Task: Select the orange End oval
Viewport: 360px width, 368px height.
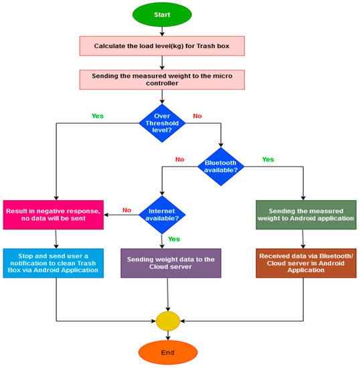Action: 167,353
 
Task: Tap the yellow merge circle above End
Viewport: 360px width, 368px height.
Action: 167,320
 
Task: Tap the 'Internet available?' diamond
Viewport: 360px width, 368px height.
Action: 161,214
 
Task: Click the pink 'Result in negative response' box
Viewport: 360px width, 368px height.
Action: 54,214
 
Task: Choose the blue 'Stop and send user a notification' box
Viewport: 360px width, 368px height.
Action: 54,263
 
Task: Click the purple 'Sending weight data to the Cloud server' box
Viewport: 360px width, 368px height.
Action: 161,263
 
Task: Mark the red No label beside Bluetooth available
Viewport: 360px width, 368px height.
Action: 179,160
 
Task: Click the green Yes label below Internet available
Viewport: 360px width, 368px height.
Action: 173,238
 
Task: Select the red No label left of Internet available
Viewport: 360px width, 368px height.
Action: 126,209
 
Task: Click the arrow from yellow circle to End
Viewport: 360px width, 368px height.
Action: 167,335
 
